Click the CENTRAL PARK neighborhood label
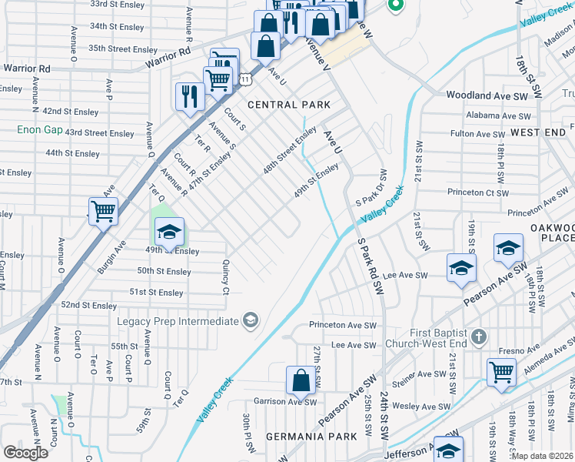[x=288, y=105]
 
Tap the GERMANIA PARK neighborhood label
[x=311, y=436]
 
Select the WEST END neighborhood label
[x=538, y=132]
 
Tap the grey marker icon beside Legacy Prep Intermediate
[x=250, y=320]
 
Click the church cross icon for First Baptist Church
[x=479, y=336]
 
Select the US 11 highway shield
[x=244, y=79]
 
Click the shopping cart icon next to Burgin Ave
[x=103, y=210]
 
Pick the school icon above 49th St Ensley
[x=170, y=230]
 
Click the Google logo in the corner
[x=25, y=452]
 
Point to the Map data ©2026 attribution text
[x=541, y=456]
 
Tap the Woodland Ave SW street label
[x=488, y=95]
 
